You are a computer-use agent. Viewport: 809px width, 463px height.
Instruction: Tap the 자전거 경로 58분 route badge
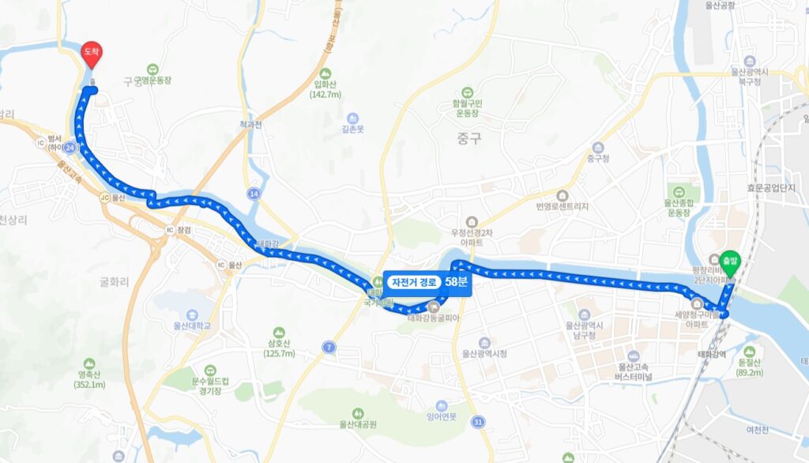427,282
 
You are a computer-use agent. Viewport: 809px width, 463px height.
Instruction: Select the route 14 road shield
254,193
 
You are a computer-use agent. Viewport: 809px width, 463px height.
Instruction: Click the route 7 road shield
328,347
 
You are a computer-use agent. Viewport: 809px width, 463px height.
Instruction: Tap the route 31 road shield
476,423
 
